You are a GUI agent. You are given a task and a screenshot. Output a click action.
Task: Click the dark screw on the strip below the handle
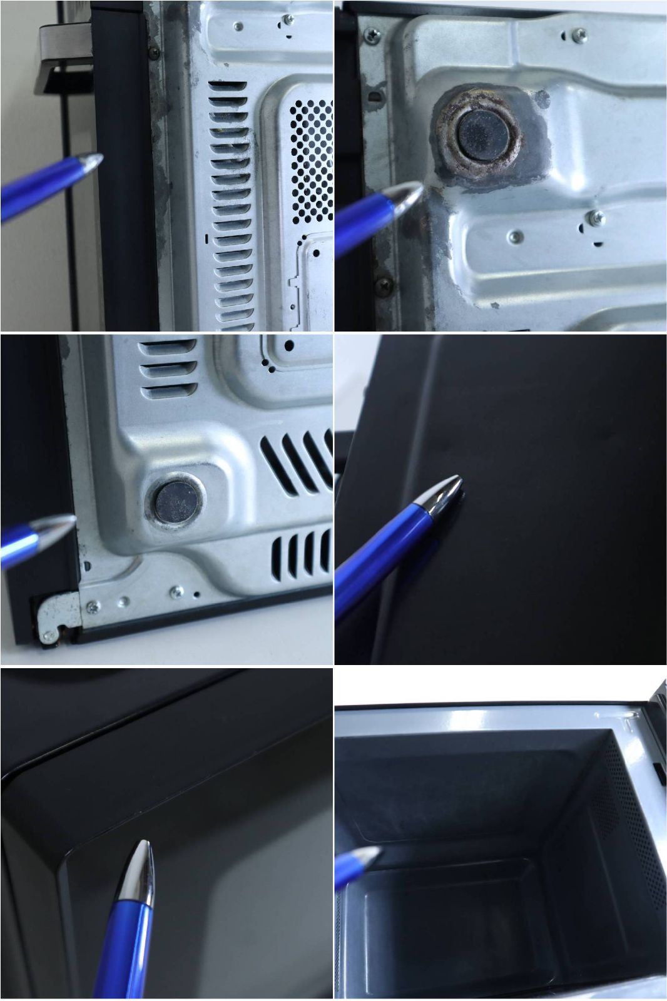click(153, 53)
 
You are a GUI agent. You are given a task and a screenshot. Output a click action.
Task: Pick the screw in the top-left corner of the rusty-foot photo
click(372, 36)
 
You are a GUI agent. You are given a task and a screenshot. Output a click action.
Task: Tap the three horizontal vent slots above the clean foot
click(167, 369)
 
